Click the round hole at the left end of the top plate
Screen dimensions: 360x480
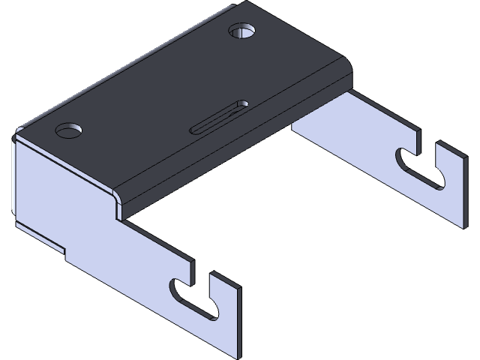(x=68, y=130)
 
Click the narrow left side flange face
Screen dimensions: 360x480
(x=15, y=180)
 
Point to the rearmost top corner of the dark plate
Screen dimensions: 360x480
(x=234, y=7)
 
